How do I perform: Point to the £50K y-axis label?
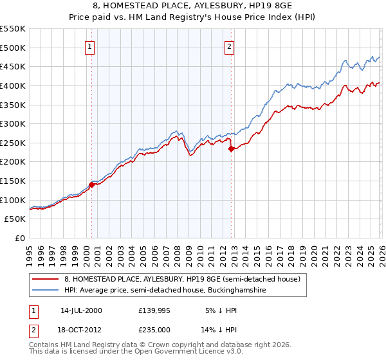tap(14, 219)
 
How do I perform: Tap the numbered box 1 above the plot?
tap(90, 46)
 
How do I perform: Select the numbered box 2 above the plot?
tap(230, 46)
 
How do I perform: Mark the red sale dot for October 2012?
tap(231, 148)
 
